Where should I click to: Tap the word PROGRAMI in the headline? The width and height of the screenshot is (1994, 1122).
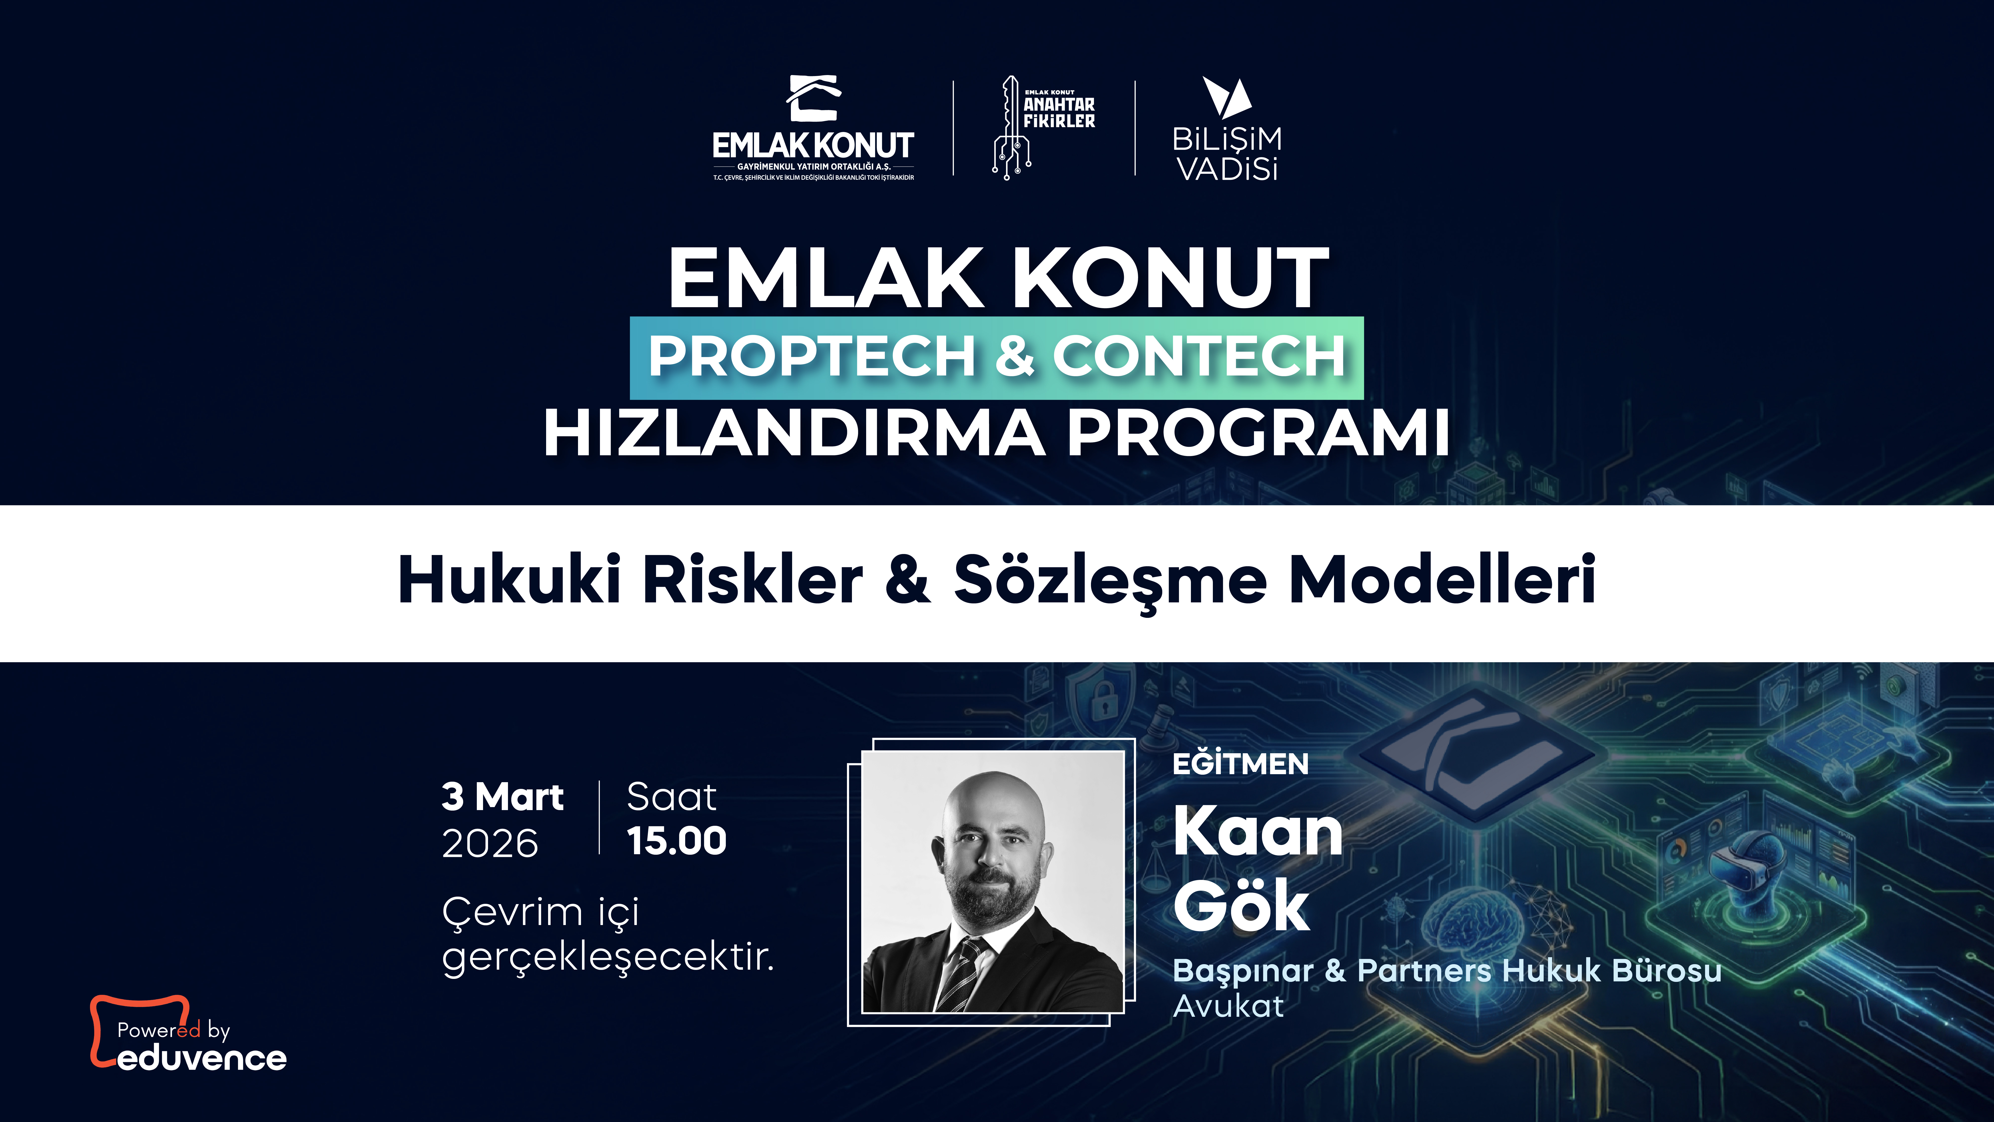click(1258, 434)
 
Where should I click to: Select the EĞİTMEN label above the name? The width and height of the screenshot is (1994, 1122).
click(1240, 764)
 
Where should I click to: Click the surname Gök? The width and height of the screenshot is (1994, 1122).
click(1241, 906)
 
